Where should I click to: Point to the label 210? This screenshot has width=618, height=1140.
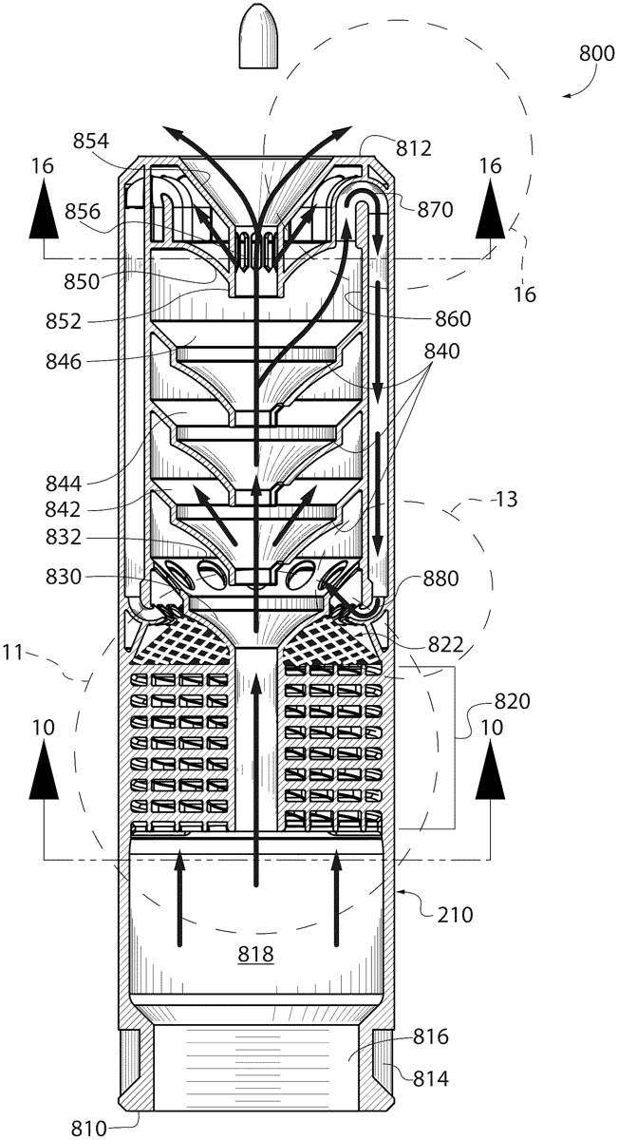point(455,915)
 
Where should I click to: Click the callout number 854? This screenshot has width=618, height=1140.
point(91,141)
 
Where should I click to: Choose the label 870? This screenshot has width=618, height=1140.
point(435,209)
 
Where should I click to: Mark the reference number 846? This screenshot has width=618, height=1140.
point(64,361)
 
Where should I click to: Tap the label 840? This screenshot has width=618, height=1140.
point(441,351)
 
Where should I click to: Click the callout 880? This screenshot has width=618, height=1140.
point(440,579)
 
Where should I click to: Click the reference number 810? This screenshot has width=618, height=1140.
point(88,1129)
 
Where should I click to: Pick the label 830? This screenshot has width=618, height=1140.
point(64,577)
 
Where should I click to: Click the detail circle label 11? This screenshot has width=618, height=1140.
point(13,652)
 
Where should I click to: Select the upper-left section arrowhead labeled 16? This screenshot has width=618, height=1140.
point(44,209)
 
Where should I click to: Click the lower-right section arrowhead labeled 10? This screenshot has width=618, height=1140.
point(491,770)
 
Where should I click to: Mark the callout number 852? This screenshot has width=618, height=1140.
point(64,321)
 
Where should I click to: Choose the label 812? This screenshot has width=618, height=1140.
point(414,148)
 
